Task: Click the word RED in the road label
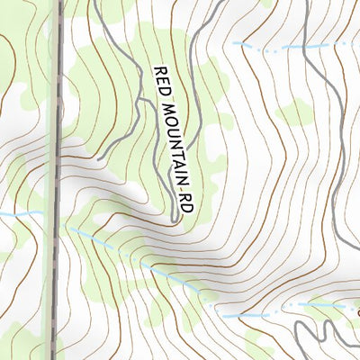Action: click(x=160, y=80)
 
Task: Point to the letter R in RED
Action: click(x=159, y=70)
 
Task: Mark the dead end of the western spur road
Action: click(x=98, y=159)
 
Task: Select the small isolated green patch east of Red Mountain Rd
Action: click(x=295, y=112)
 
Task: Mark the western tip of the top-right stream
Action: click(x=234, y=42)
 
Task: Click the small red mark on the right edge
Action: click(x=356, y=311)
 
